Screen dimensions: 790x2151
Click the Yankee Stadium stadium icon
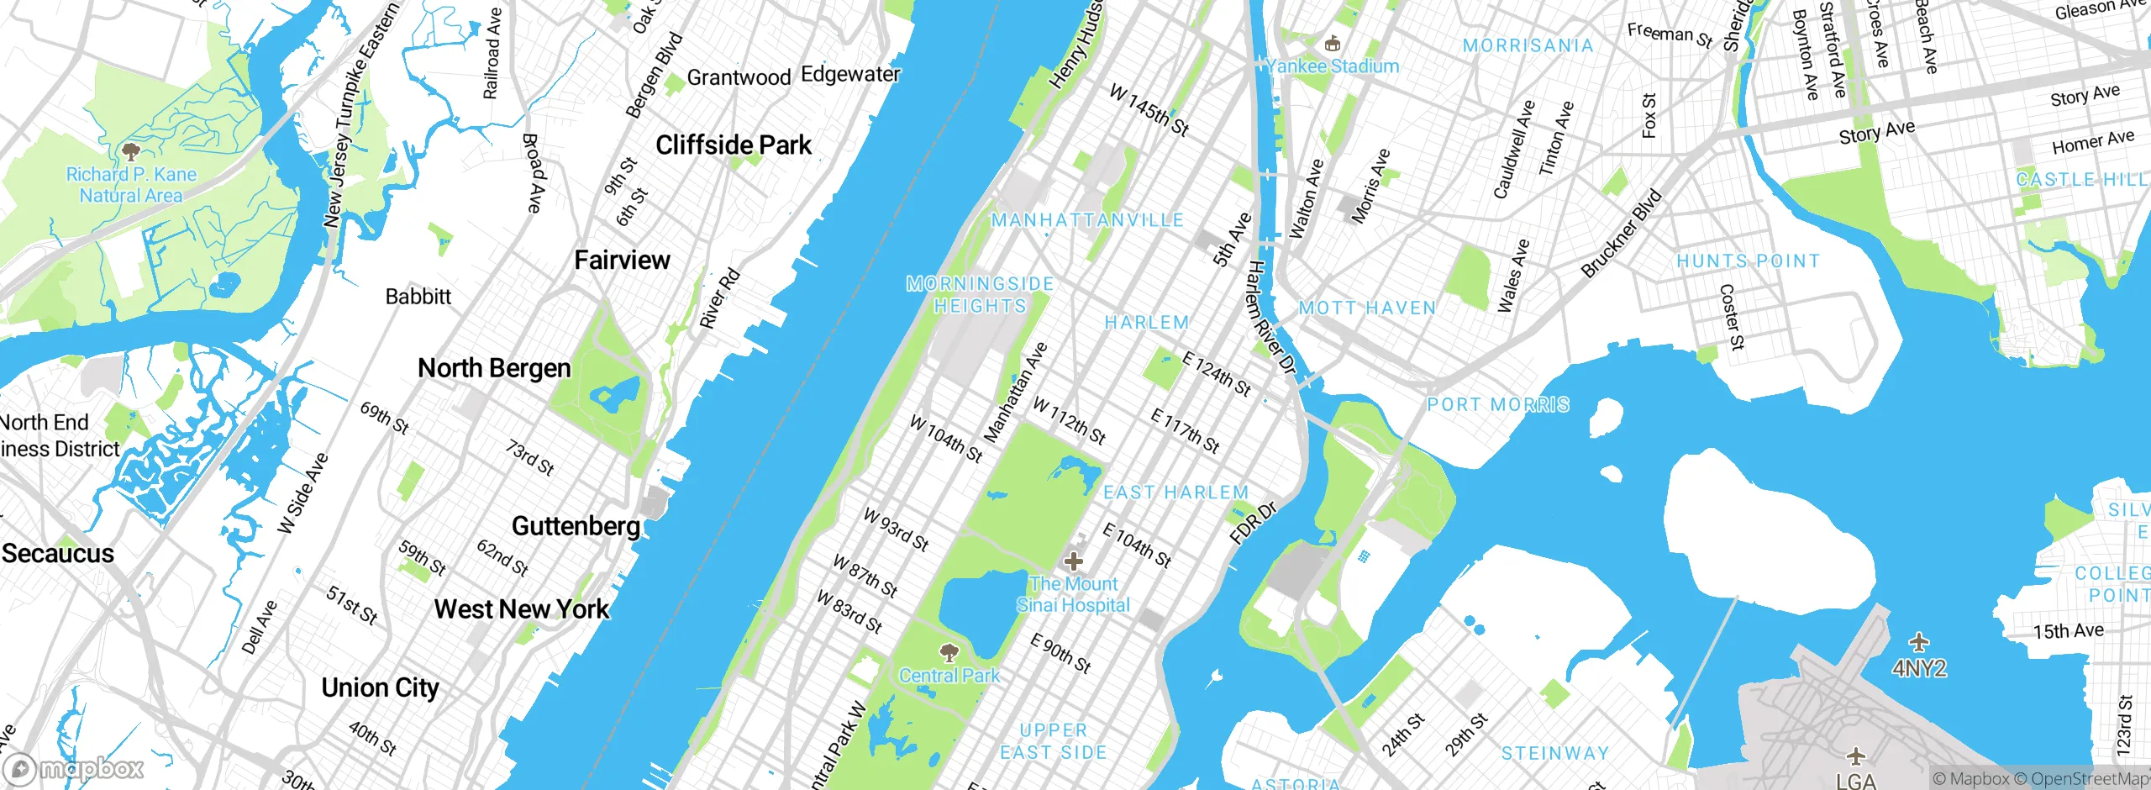pos(1331,44)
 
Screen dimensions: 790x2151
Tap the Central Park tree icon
pos(949,653)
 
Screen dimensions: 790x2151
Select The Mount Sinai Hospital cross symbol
pos(1073,561)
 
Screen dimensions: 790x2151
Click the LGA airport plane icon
pos(1856,756)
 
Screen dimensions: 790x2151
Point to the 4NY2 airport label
pos(1919,669)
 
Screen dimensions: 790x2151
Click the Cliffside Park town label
pos(734,145)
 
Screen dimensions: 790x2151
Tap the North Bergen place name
pos(494,368)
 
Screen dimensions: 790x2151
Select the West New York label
pos(521,608)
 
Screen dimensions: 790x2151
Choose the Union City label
pos(380,687)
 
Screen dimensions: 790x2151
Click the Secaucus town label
pos(57,553)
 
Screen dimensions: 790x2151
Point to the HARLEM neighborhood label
pos(1146,323)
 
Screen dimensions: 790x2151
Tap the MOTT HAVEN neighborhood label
pos(1367,308)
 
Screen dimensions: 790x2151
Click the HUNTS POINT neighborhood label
pos(1748,261)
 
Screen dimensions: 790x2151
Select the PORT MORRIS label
pos(1498,405)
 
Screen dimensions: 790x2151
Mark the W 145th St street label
pos(1149,110)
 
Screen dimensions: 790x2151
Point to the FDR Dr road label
pos(1253,523)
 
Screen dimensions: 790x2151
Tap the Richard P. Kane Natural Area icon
pos(130,152)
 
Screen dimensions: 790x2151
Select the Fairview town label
pos(622,261)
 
